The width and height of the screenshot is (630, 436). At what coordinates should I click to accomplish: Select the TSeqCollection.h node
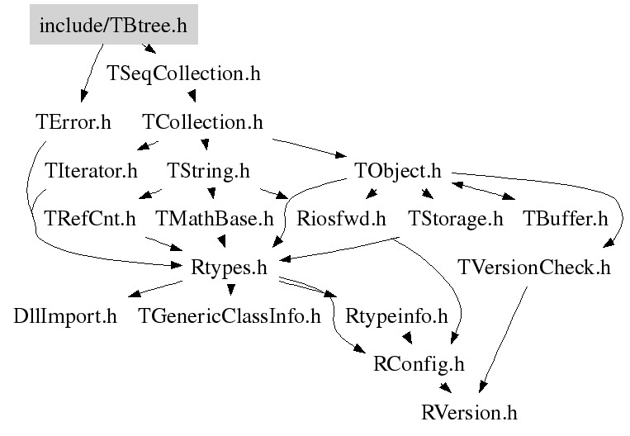tap(184, 73)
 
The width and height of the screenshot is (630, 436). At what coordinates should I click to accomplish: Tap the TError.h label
tap(73, 122)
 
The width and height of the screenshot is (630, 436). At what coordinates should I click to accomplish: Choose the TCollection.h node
tap(202, 122)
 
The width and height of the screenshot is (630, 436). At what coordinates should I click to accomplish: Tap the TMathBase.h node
tap(214, 219)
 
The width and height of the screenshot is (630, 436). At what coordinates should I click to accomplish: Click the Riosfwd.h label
tap(341, 219)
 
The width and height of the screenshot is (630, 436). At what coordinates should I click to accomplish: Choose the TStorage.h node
tap(456, 219)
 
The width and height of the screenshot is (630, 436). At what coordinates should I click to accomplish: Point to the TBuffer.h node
tap(565, 219)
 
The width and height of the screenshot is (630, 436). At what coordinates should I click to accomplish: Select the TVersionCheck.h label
tap(533, 268)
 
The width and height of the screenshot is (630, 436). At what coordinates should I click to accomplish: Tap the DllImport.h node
tap(65, 315)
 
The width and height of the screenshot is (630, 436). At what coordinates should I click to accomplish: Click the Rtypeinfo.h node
tap(396, 315)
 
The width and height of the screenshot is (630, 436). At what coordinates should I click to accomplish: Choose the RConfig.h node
tap(419, 363)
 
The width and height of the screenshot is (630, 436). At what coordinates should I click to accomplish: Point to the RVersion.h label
tap(469, 411)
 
